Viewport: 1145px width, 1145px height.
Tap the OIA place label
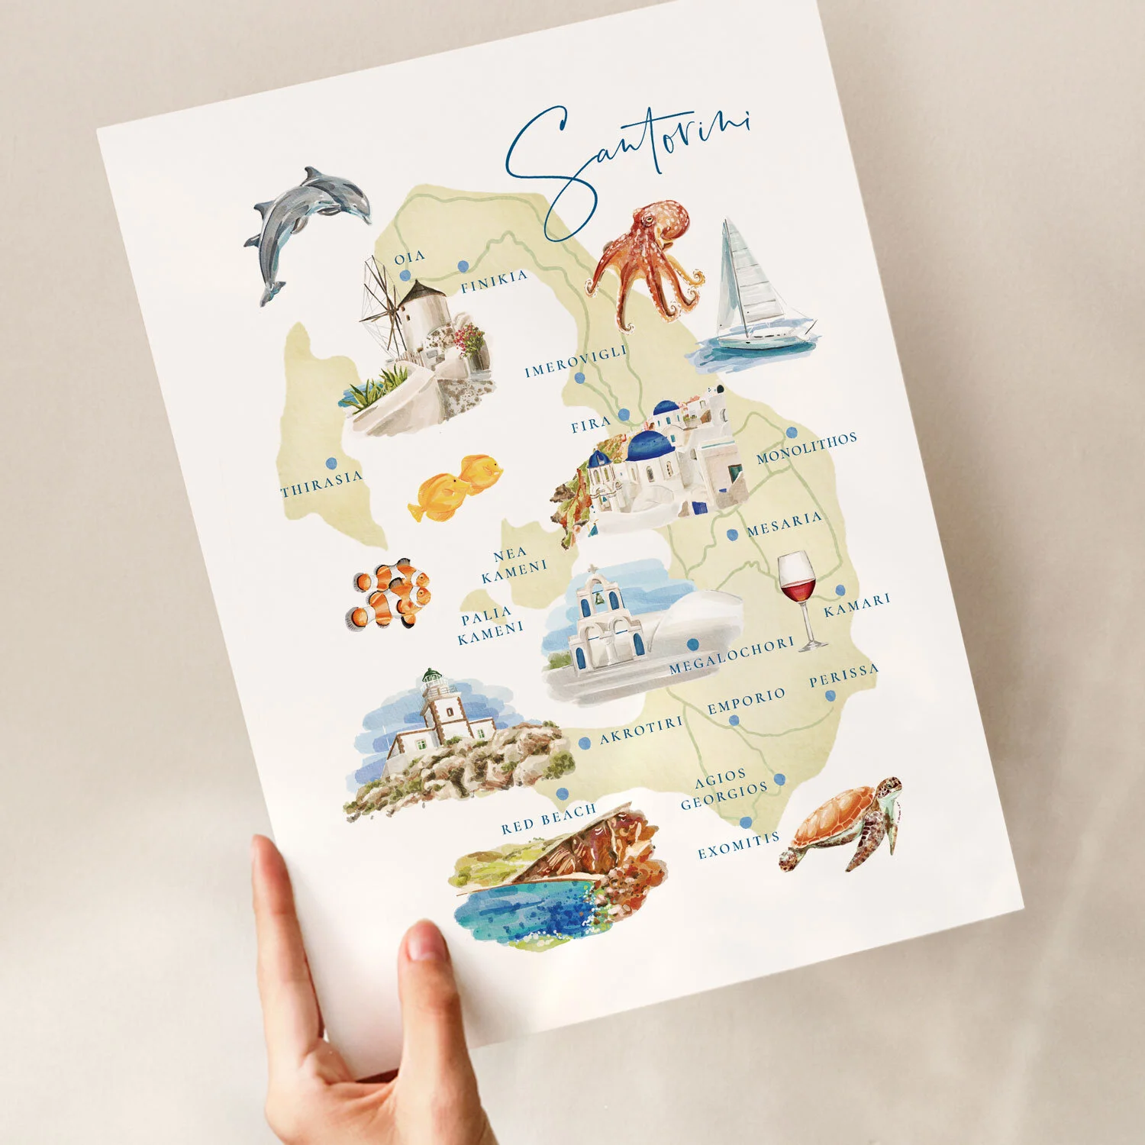pos(409,257)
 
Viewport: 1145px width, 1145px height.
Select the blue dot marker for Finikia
pos(463,266)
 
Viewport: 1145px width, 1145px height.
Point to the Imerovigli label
pos(576,361)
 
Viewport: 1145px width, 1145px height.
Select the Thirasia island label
pos(321,484)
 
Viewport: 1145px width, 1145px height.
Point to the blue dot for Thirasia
pos(331,463)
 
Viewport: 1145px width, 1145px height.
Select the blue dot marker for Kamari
pos(840,590)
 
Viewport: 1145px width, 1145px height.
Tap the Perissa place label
pos(843,675)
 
